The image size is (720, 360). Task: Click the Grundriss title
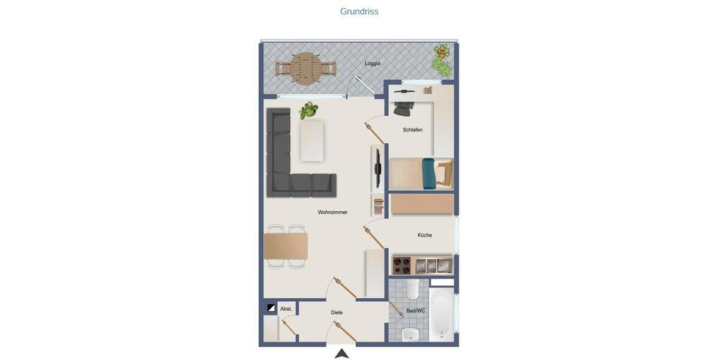click(x=359, y=11)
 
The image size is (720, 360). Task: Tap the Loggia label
click(x=373, y=63)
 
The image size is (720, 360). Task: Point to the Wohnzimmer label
click(x=332, y=212)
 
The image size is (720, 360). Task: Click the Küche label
click(x=424, y=235)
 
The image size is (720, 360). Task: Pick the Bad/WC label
click(x=415, y=310)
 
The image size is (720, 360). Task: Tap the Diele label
click(x=337, y=313)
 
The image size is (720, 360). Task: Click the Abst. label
click(x=286, y=309)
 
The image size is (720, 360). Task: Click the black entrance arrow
click(x=341, y=353)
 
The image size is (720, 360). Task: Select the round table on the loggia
click(x=305, y=68)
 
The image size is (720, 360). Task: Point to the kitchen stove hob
click(x=401, y=265)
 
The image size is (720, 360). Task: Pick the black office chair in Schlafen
click(x=404, y=109)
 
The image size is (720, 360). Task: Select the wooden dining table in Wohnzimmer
click(x=286, y=246)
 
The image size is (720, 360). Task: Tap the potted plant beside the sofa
click(x=308, y=110)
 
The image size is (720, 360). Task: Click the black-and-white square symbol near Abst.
click(x=271, y=308)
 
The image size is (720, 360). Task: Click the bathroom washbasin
click(x=410, y=334)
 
